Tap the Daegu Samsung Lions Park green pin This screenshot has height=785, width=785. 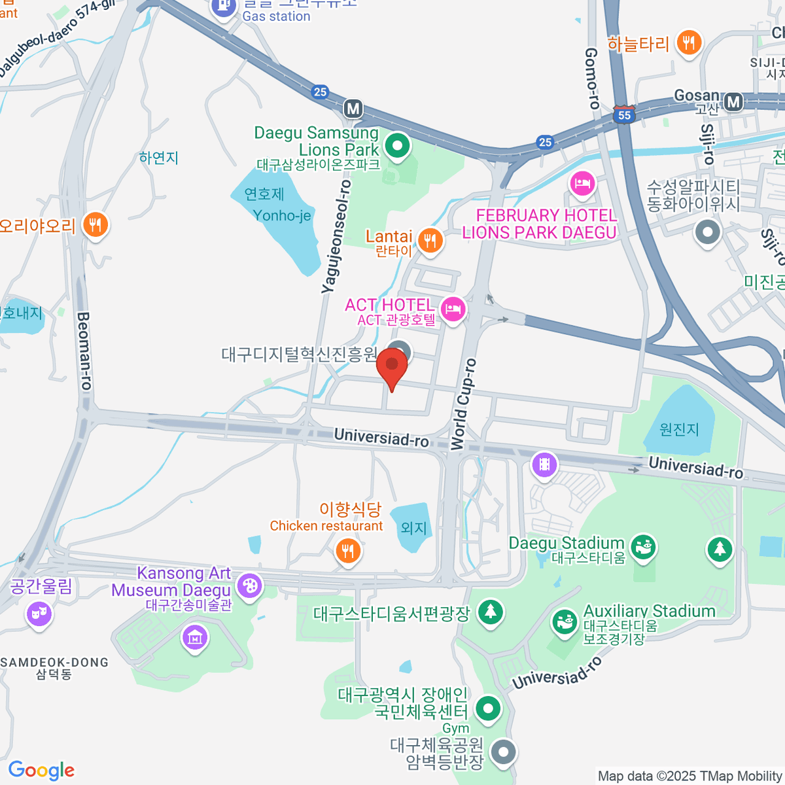click(x=396, y=146)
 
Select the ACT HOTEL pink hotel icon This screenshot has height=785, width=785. click(x=453, y=309)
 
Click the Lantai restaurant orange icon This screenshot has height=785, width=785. click(x=429, y=241)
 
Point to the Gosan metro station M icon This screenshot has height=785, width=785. click(x=734, y=101)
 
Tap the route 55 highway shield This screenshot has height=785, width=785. click(x=625, y=115)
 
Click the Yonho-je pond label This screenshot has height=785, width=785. click(x=281, y=215)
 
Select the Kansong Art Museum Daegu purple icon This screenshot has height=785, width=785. click(x=249, y=585)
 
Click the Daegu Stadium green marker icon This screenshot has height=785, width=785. click(x=644, y=546)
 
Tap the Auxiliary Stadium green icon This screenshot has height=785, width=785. click(x=564, y=621)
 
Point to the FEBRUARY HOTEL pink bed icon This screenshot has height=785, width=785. click(x=582, y=183)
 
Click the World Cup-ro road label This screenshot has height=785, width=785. click(x=463, y=405)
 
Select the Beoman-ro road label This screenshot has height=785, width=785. click(x=84, y=351)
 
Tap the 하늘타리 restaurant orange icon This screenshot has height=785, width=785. click(x=688, y=44)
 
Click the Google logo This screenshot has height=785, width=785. click(x=41, y=770)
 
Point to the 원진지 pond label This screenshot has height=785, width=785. click(x=679, y=429)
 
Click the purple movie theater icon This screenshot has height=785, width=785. click(x=544, y=465)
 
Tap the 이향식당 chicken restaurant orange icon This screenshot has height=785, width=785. click(x=348, y=551)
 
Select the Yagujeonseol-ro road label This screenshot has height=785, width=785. click(x=336, y=237)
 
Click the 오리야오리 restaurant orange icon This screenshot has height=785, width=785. click(x=96, y=226)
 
